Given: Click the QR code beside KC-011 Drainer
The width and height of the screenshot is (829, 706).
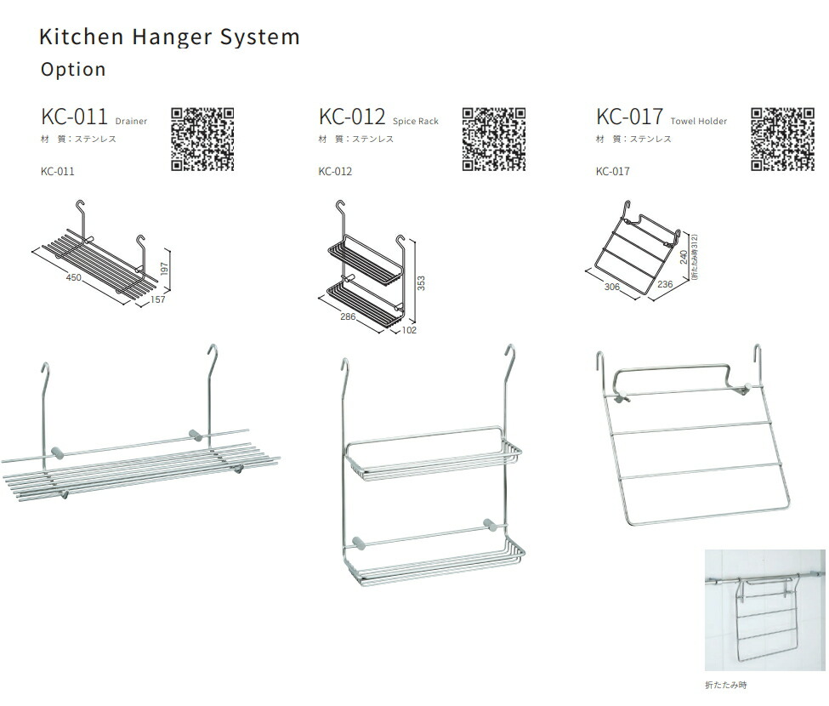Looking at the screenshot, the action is click(202, 139).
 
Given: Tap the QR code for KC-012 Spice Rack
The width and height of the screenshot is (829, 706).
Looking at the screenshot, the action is click(494, 139).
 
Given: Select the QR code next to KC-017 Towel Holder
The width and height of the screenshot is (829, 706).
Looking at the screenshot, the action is click(782, 139).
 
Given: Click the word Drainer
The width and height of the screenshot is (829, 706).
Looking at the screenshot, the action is click(131, 121).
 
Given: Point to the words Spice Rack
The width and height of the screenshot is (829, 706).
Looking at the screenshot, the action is click(416, 121).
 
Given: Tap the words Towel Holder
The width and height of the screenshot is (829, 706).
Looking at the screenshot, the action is click(698, 121).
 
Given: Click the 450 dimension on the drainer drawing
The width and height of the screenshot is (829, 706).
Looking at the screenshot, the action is click(73, 277).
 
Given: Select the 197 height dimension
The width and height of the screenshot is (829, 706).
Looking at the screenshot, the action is click(164, 269).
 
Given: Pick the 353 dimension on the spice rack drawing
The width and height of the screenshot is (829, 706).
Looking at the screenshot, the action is click(421, 283).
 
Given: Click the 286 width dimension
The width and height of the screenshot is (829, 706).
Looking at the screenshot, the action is click(348, 316).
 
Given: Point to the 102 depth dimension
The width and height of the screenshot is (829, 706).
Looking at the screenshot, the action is click(409, 330).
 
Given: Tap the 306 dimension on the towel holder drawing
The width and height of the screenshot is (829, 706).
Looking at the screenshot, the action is click(611, 287).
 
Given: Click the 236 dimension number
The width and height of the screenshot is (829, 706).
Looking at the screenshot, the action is click(665, 284).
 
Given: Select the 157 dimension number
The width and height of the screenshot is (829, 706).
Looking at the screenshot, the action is click(157, 299).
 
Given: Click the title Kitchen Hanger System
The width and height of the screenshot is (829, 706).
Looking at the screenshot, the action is click(170, 37).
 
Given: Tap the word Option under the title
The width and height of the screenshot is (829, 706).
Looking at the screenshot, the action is click(73, 69).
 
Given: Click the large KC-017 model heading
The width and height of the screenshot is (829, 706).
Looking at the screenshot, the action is click(629, 117).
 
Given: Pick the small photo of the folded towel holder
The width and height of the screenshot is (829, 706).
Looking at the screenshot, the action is click(764, 610).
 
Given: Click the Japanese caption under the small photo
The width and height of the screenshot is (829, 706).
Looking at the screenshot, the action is click(726, 685).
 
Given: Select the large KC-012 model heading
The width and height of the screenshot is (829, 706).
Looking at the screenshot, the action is click(352, 117).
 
